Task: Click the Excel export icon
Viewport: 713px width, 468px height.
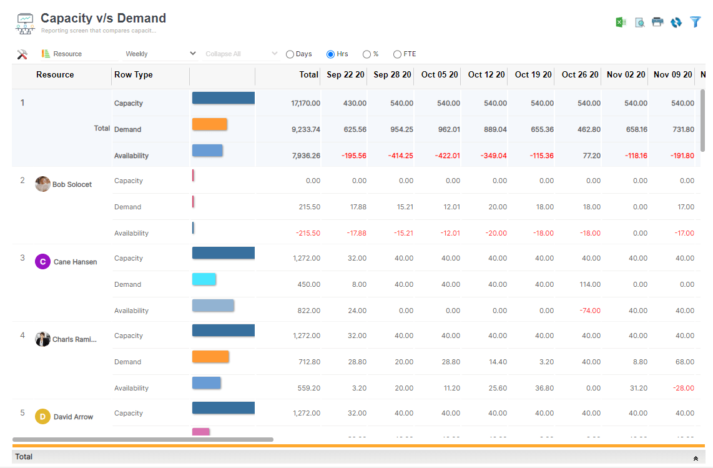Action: coord(621,22)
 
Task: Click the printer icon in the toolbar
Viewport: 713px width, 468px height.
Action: coord(657,22)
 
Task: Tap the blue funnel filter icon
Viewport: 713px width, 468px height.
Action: coord(696,22)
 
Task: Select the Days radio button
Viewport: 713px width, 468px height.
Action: coord(290,54)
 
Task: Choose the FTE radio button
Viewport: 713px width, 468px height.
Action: coord(397,54)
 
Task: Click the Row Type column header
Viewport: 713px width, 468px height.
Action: coord(134,74)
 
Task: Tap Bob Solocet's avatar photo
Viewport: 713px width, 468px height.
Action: coord(42,184)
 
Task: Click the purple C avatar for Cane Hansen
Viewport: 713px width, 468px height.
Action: coord(42,262)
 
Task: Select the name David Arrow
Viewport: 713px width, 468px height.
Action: coord(73,417)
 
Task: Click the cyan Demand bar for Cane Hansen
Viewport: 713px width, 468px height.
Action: coord(204,279)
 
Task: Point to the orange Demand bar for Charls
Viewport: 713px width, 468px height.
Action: coord(210,357)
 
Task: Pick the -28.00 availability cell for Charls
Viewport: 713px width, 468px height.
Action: coord(683,388)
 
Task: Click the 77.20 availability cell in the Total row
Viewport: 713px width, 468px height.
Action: coord(590,156)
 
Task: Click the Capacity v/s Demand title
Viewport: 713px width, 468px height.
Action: coord(103,18)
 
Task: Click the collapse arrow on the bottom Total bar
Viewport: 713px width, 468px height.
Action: coord(696,459)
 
